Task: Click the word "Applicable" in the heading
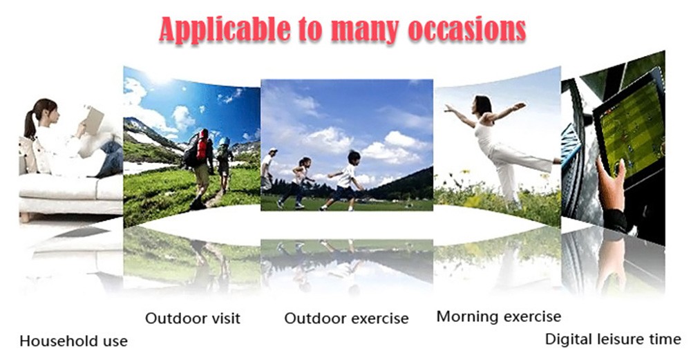pyautogui.click(x=225, y=30)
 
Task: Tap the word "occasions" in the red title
pyautogui.click(x=467, y=30)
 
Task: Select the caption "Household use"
pyautogui.click(x=74, y=341)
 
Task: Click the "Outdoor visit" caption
pyautogui.click(x=193, y=318)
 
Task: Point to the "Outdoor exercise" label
pyautogui.click(x=346, y=318)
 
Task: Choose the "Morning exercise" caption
pyautogui.click(x=499, y=316)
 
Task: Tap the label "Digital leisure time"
pyautogui.click(x=613, y=339)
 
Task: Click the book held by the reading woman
pyautogui.click(x=94, y=120)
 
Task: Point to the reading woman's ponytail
pyautogui.click(x=30, y=124)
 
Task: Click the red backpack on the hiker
pyautogui.click(x=202, y=144)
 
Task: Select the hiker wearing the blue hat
pyautogui.click(x=225, y=163)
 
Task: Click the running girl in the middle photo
pyautogui.click(x=297, y=182)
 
